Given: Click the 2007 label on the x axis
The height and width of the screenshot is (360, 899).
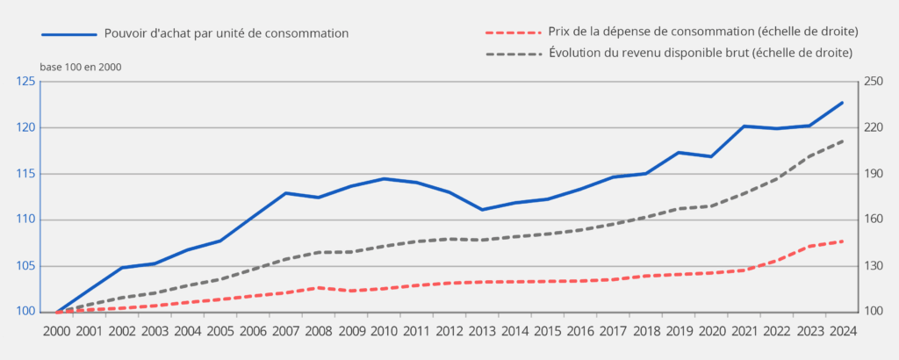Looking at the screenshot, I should [x=285, y=331].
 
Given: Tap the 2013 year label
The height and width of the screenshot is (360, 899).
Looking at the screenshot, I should [x=482, y=331].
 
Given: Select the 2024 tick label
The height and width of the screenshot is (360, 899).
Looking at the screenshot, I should [x=842, y=331].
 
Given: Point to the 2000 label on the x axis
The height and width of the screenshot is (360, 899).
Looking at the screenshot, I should [x=57, y=331].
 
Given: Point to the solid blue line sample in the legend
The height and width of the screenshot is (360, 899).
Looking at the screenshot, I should [x=68, y=34].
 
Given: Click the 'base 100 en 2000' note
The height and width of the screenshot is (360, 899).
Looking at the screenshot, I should [x=81, y=67].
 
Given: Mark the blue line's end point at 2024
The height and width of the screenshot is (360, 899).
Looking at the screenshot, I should [x=842, y=103].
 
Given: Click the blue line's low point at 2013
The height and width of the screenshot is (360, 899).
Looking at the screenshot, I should [x=482, y=209].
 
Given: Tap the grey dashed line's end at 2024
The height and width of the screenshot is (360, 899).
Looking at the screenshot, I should [x=842, y=140].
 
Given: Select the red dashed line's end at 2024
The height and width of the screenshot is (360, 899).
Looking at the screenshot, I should [x=842, y=241].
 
